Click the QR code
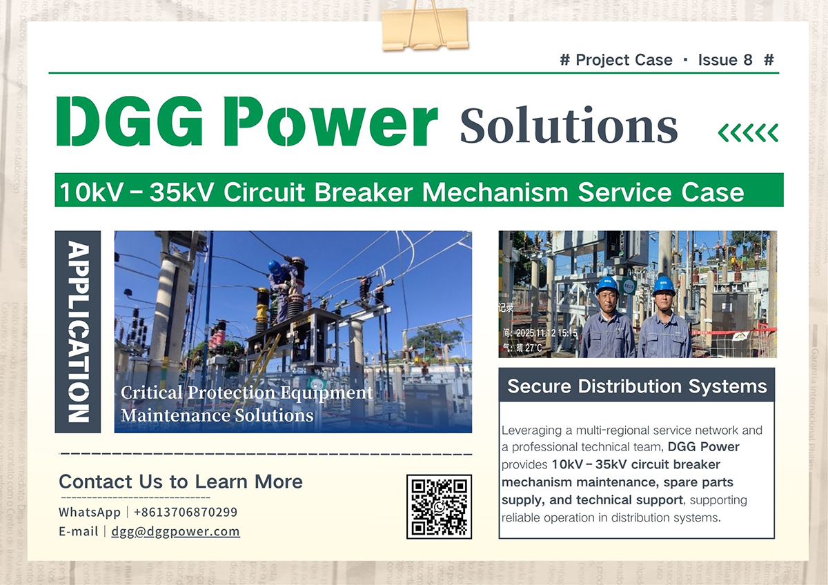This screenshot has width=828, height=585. (x=439, y=506)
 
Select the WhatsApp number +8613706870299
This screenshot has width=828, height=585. (x=185, y=512)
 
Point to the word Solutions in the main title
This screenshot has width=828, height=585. (x=569, y=126)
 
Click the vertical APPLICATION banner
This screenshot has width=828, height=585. (x=78, y=332)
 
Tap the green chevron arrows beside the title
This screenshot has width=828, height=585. (x=748, y=132)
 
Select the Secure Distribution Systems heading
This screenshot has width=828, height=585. (x=637, y=386)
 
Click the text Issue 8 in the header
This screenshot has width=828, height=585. (x=724, y=60)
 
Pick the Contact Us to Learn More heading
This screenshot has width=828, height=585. (x=181, y=481)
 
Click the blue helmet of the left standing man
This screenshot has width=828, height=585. (x=607, y=284)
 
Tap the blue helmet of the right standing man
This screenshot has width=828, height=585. (x=664, y=284)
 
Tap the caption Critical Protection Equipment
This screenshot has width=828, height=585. (x=247, y=393)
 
